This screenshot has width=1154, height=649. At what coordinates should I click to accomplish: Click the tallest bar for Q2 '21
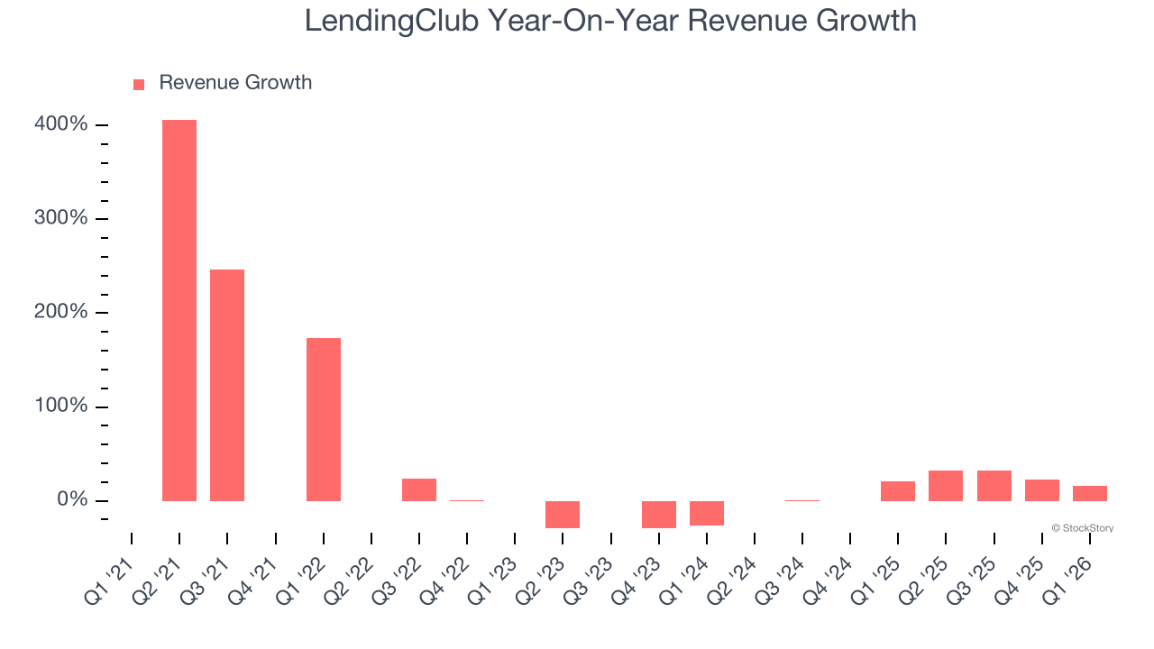tap(179, 310)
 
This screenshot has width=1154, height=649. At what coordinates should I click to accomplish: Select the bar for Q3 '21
tap(227, 385)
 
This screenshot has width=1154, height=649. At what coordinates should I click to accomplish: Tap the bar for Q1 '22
tap(324, 419)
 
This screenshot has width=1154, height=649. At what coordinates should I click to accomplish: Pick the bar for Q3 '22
tap(419, 489)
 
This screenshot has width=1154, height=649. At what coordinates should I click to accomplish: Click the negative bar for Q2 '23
tap(563, 515)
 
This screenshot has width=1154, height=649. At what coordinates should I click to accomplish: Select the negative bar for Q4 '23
tap(659, 515)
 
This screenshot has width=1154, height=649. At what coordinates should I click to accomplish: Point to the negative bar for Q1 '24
tap(707, 513)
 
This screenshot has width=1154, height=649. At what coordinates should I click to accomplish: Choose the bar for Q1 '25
tap(898, 491)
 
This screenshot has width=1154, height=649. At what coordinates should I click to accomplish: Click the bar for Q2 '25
tap(946, 486)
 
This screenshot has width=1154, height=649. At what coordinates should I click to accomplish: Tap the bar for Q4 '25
tap(1042, 490)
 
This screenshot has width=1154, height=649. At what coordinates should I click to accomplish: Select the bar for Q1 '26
tap(1090, 493)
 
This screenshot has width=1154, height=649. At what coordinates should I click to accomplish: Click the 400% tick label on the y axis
tap(61, 124)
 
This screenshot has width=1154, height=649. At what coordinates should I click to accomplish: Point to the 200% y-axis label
tap(61, 312)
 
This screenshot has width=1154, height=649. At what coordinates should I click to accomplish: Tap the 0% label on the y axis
tap(71, 500)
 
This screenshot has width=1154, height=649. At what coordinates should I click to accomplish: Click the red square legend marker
tap(139, 84)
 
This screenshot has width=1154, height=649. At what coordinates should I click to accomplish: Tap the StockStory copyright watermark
tap(1082, 528)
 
